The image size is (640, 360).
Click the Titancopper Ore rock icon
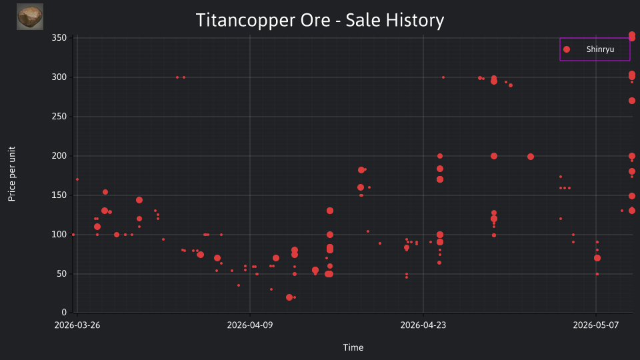pos(30,17)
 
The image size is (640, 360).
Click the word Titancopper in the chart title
pos(245,20)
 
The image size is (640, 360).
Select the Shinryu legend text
pos(600,49)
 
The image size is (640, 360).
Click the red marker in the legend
pos(567,49)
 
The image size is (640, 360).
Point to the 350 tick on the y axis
pos(59,37)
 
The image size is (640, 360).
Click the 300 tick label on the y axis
pos(59,77)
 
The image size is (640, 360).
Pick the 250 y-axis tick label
pos(59,116)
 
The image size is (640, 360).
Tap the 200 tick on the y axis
pos(59,155)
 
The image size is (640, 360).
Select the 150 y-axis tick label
pos(59,195)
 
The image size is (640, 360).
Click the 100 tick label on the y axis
pos(59,234)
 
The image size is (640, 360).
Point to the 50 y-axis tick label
pos(61,273)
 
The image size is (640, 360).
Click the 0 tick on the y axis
pos(64,312)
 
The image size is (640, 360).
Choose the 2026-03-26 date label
pos(77,325)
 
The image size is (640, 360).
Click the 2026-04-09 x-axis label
pos(250,325)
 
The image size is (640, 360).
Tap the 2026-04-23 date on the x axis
pos(423,325)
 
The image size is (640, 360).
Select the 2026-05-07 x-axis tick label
pos(596,325)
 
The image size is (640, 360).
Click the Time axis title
pos(353,347)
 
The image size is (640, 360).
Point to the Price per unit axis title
pos(12,174)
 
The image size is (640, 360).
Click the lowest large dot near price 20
pos(289,297)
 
